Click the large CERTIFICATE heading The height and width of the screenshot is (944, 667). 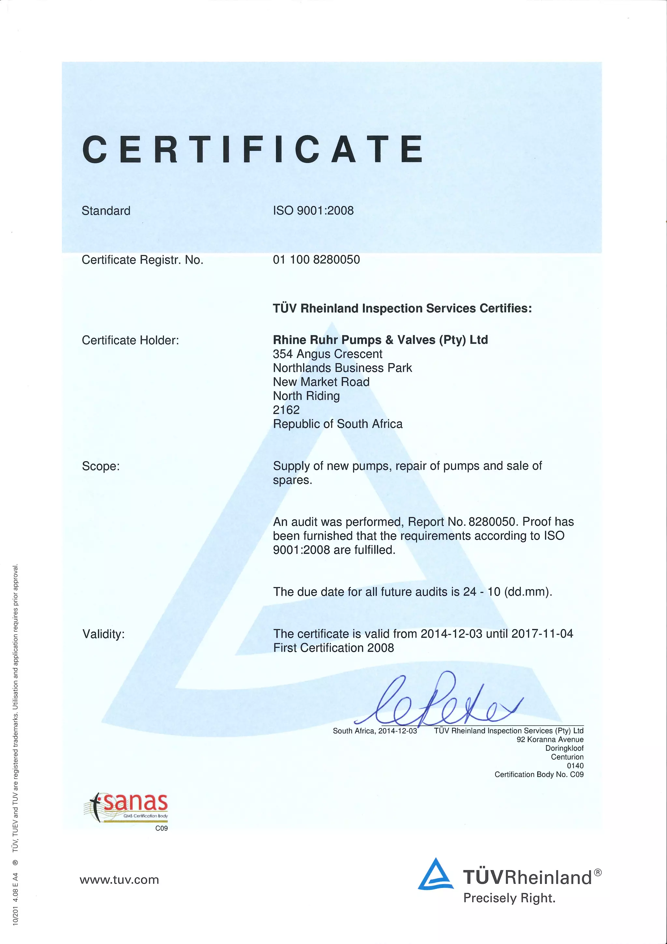[x=253, y=149]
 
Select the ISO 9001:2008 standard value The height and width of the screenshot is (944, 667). [x=313, y=211]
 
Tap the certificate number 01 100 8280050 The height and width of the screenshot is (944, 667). [x=316, y=259]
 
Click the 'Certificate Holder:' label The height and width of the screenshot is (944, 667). [x=130, y=340]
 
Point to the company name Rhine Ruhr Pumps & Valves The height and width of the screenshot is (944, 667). [x=380, y=340]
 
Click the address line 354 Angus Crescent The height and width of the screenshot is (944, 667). [x=327, y=354]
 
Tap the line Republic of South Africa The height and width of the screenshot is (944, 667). [x=338, y=423]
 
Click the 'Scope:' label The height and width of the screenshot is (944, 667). [x=101, y=466]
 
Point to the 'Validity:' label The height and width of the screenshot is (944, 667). [x=104, y=634]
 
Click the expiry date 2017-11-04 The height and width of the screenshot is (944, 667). [x=542, y=634]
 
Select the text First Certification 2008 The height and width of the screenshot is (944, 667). [x=333, y=648]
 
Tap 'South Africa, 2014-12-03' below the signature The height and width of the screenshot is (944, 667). [x=375, y=730]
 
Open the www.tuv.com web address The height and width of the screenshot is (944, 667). [x=119, y=880]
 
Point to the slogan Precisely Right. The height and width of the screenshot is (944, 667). [x=509, y=898]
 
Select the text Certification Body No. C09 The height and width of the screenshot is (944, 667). [x=539, y=774]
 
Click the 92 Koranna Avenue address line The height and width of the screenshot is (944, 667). [x=550, y=739]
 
